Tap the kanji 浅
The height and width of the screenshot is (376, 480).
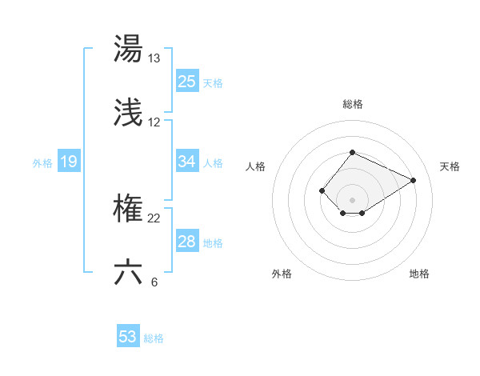[x=128, y=114]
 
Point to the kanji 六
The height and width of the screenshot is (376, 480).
[x=128, y=272]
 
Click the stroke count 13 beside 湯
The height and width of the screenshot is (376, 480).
[x=154, y=58]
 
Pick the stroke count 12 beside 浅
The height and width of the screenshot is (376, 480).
[x=154, y=122]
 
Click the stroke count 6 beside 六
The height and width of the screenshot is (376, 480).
[x=154, y=282]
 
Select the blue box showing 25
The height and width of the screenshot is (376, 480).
[x=187, y=82]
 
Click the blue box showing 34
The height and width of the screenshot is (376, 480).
[x=187, y=162]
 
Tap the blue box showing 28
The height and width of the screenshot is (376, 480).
[x=187, y=242]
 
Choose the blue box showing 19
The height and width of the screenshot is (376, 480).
[x=69, y=162]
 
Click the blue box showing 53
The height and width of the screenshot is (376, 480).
[x=128, y=337]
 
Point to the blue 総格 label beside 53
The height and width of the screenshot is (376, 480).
[x=154, y=338]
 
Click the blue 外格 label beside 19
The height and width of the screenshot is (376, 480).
[x=42, y=163]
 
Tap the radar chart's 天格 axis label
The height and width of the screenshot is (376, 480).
[x=450, y=166]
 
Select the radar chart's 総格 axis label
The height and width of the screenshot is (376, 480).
[x=352, y=104]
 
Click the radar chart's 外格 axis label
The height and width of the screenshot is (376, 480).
[x=282, y=274]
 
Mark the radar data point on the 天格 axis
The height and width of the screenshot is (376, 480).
[x=414, y=180]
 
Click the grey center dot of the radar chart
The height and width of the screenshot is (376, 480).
[x=352, y=200]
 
